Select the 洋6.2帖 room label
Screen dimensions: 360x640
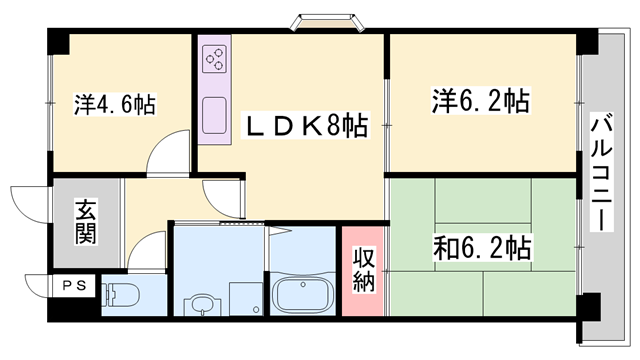coord(480,102)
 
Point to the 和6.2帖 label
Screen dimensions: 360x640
coord(481,246)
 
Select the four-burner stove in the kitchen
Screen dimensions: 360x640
coord(215,60)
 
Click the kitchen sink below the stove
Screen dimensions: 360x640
coord(215,118)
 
